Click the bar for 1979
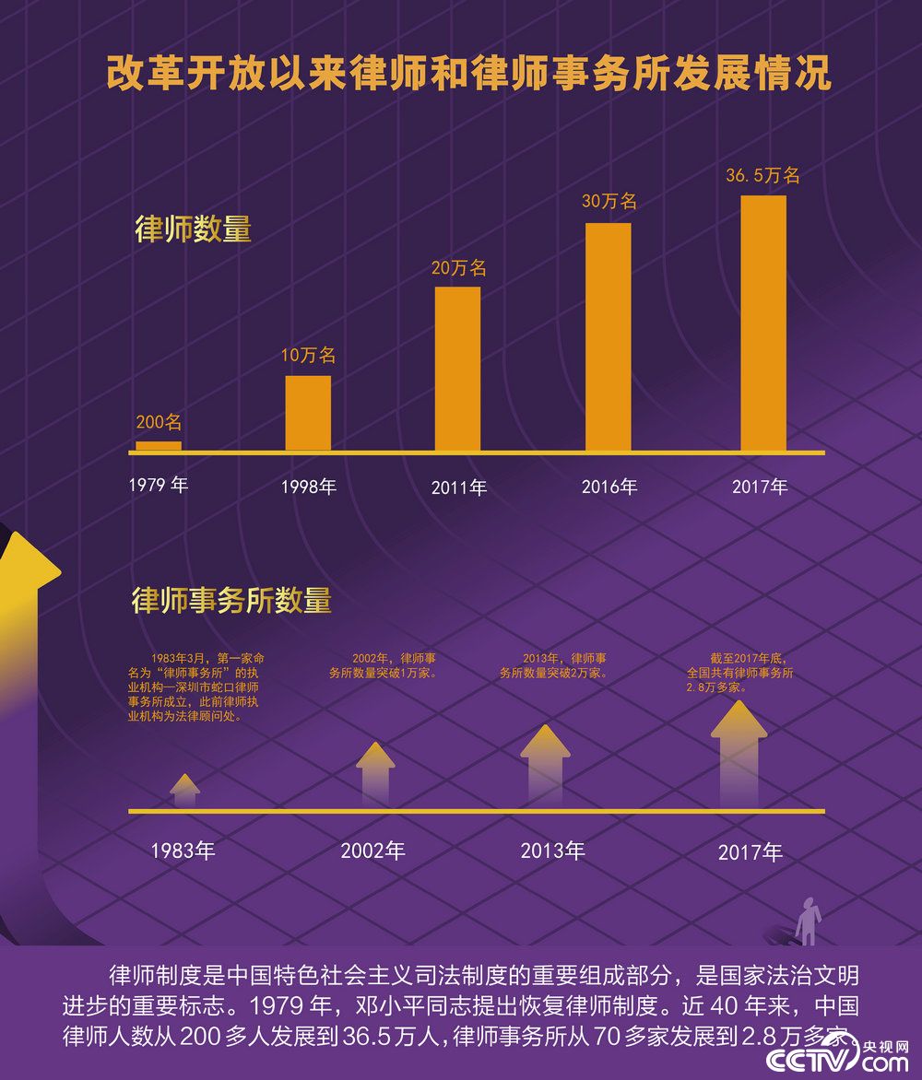click(159, 446)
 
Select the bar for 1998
click(308, 414)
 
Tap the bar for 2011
click(457, 369)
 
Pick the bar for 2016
click(609, 337)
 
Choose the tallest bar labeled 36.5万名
click(763, 323)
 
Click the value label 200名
click(159, 423)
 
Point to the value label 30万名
click(609, 201)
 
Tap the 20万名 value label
click(458, 268)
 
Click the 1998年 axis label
click(309, 487)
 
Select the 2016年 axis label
click(609, 487)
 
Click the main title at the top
click(468, 74)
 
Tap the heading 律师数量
click(193, 229)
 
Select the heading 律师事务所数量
click(231, 601)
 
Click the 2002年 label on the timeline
click(372, 850)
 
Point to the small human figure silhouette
click(809, 921)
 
